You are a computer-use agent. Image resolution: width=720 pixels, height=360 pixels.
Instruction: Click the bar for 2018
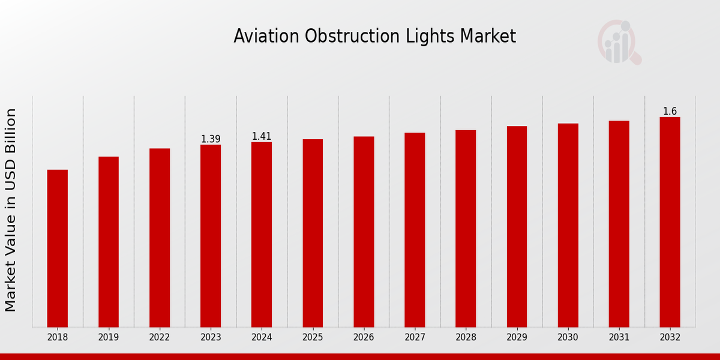pyautogui.click(x=58, y=248)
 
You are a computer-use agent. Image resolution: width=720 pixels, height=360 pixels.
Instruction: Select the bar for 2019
pyautogui.click(x=109, y=242)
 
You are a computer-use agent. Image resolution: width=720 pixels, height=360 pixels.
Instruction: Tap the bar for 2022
pyautogui.click(x=160, y=238)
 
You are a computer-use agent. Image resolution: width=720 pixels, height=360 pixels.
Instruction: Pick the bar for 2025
pyautogui.click(x=313, y=233)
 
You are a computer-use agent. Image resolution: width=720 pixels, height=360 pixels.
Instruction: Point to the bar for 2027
pyautogui.click(x=415, y=230)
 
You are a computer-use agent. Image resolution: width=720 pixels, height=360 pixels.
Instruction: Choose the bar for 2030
pyautogui.click(x=568, y=225)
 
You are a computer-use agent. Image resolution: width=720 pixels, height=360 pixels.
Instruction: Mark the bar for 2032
pyautogui.click(x=670, y=222)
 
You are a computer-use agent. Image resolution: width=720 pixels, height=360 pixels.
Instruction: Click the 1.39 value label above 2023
pyautogui.click(x=211, y=139)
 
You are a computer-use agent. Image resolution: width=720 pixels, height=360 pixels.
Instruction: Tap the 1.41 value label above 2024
pyautogui.click(x=262, y=137)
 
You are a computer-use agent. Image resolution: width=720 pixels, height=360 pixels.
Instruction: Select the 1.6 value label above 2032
pyautogui.click(x=670, y=112)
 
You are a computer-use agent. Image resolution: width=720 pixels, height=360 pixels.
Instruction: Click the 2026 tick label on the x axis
pyautogui.click(x=364, y=338)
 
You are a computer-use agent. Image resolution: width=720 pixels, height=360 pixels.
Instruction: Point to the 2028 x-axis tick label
pyautogui.click(x=466, y=338)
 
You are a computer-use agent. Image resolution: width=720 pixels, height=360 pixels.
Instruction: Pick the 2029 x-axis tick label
pyautogui.click(x=517, y=338)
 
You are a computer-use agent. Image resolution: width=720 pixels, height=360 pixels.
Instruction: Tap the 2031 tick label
pyautogui.click(x=619, y=338)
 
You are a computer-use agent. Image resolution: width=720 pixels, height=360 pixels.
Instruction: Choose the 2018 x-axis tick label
pyautogui.click(x=58, y=338)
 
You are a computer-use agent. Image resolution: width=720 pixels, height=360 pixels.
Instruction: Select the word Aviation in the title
pyautogui.click(x=266, y=37)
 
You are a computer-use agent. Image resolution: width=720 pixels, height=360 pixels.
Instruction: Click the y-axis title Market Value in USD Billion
pyautogui.click(x=11, y=210)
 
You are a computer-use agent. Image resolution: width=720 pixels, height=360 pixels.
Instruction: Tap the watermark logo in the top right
pyautogui.click(x=619, y=42)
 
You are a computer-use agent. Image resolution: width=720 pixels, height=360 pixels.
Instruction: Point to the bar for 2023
pyautogui.click(x=211, y=236)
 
